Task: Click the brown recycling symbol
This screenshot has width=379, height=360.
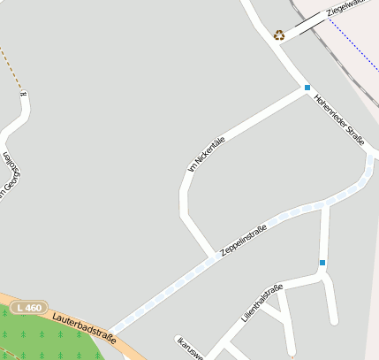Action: (x=279, y=35)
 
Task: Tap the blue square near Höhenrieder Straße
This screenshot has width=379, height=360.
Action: (x=307, y=88)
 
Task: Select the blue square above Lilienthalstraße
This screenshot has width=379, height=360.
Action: (x=322, y=263)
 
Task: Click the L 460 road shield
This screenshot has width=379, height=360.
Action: (x=29, y=307)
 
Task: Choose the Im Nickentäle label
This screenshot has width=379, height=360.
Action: (x=207, y=154)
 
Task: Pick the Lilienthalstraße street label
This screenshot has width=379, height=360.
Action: (x=262, y=302)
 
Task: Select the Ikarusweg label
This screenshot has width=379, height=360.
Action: (x=191, y=348)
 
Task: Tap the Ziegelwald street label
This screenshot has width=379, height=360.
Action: (x=345, y=7)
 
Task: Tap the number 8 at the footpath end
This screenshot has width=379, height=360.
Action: (x=24, y=93)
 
